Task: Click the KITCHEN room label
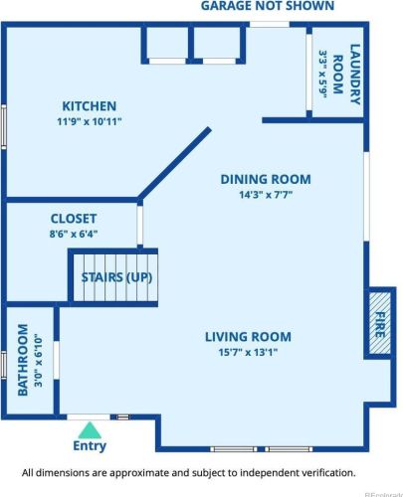[90, 106]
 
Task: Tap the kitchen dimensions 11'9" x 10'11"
[90, 123]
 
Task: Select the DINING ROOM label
[265, 180]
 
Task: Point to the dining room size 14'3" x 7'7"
[265, 196]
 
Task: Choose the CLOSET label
[74, 218]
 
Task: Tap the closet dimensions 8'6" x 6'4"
[74, 235]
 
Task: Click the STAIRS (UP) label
[117, 276]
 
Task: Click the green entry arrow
[90, 429]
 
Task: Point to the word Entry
[90, 446]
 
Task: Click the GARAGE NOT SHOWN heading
[267, 6]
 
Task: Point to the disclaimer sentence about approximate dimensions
[188, 473]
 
